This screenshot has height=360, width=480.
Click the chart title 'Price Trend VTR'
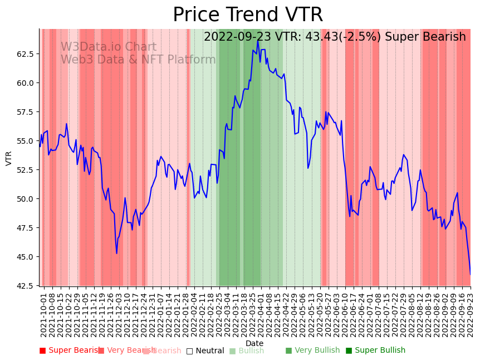point(248,15)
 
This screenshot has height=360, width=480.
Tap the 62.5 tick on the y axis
point(25,54)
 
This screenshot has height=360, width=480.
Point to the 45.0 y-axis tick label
point(25,257)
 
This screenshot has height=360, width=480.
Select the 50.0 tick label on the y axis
point(25,199)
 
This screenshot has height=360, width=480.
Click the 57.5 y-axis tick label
point(25,112)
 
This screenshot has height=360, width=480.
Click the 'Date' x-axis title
point(254,343)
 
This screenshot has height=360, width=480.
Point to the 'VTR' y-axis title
point(9,158)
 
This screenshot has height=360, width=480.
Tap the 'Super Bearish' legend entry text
point(72,351)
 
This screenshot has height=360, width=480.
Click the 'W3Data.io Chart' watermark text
point(109,47)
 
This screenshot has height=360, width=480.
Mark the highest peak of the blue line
point(258,40)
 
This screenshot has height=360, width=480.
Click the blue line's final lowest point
point(470,274)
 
